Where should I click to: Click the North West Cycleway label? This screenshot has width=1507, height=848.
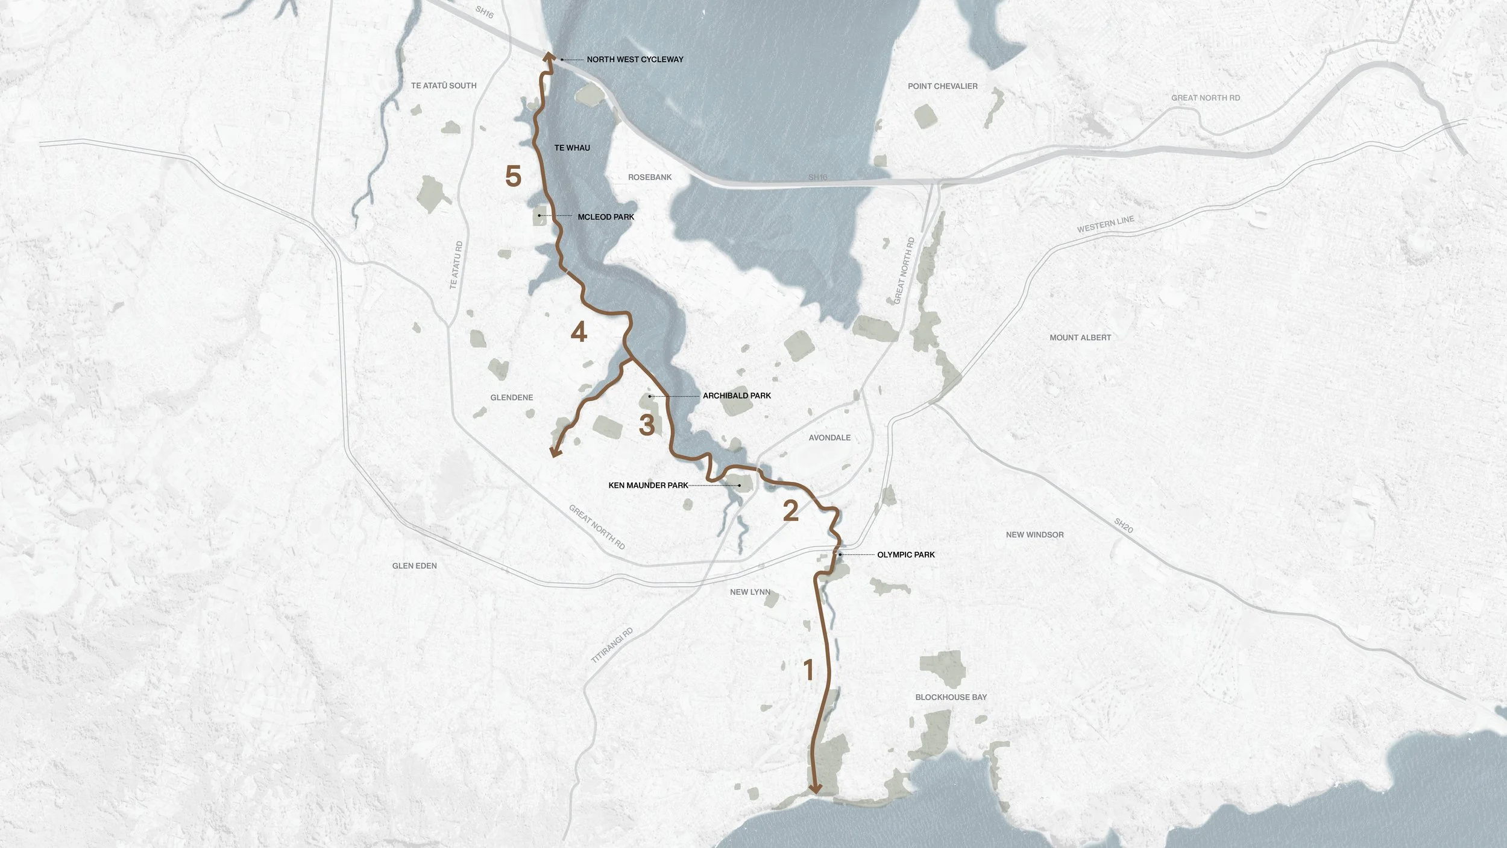point(635,59)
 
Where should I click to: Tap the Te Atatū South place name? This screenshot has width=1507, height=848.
point(444,86)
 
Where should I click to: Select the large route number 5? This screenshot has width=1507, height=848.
point(513,176)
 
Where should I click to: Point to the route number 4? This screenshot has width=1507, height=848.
point(579,332)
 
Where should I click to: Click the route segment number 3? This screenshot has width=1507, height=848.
point(647,425)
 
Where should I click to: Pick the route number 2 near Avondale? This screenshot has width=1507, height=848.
point(790,511)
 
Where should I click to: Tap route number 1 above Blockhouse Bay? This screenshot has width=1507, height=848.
point(809,670)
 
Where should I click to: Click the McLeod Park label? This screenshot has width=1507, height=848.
point(606,217)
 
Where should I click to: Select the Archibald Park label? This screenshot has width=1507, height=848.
point(737,396)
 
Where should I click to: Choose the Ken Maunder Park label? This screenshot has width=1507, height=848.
point(648,485)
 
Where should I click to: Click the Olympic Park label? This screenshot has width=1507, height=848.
point(905,554)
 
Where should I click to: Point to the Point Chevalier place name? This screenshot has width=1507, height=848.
point(943,86)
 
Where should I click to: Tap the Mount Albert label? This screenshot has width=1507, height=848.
point(1080,338)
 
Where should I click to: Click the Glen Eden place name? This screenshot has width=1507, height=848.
point(415,566)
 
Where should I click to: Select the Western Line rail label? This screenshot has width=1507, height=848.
point(1106,224)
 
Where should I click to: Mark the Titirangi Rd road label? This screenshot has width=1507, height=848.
point(612,645)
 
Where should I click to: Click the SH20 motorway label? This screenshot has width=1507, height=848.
point(1123,525)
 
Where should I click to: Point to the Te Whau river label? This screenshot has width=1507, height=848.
point(572,148)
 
